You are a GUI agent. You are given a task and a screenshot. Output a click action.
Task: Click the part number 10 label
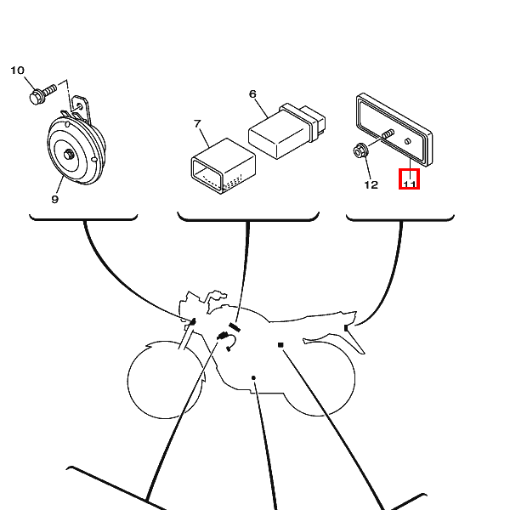[17, 71]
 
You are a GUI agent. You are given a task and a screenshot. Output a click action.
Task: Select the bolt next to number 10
[42, 92]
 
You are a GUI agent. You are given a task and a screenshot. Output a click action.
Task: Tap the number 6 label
[252, 93]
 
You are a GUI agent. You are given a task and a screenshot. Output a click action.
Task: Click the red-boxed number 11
[409, 179]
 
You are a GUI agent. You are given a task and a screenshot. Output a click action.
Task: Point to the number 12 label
[371, 184]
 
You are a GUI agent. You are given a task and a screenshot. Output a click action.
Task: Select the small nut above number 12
[360, 153]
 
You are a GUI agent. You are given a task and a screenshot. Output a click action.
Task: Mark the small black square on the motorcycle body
[280, 345]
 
